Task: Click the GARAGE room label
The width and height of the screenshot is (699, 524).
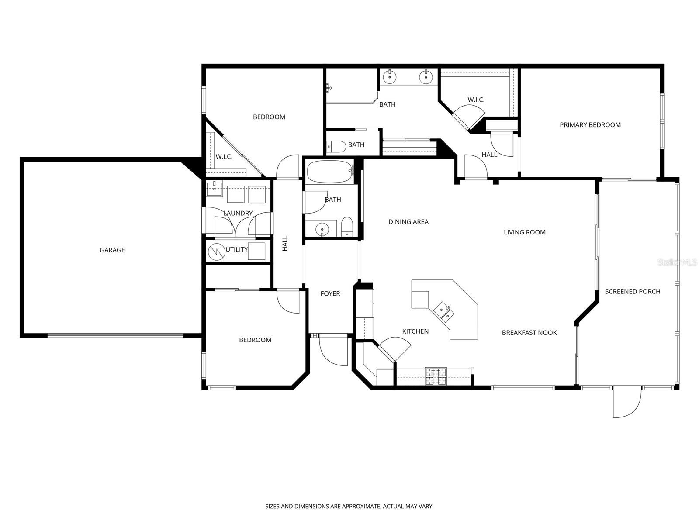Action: pos(112,250)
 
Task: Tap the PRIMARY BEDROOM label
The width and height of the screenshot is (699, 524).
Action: pos(590,125)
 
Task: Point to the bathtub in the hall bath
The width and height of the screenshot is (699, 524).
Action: pos(330,172)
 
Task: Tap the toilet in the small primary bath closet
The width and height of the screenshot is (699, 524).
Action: pos(336,146)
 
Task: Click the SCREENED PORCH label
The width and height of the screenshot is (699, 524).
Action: pos(632,292)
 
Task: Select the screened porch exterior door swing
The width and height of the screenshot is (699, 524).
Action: pos(626,403)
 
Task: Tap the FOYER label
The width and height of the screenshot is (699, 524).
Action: pos(330,294)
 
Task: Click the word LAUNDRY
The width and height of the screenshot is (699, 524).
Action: pos(238,214)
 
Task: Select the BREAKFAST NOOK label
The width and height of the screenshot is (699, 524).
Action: pos(529,333)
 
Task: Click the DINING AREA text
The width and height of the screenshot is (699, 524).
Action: pos(408,222)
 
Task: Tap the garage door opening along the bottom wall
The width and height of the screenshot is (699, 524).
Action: pos(115,335)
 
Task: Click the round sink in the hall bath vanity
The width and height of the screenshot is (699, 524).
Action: pos(322,228)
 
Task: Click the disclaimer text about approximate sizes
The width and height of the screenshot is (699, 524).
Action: pos(349,507)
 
